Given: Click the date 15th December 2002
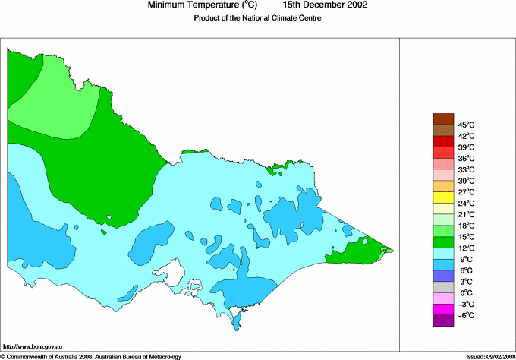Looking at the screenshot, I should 326,5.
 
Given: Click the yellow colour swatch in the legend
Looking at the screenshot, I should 442,197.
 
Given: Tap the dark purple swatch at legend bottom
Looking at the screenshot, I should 442,321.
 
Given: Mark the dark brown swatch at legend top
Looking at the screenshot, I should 442,118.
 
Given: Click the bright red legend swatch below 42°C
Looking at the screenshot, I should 442,141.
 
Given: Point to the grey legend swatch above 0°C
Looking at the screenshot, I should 442,287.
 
